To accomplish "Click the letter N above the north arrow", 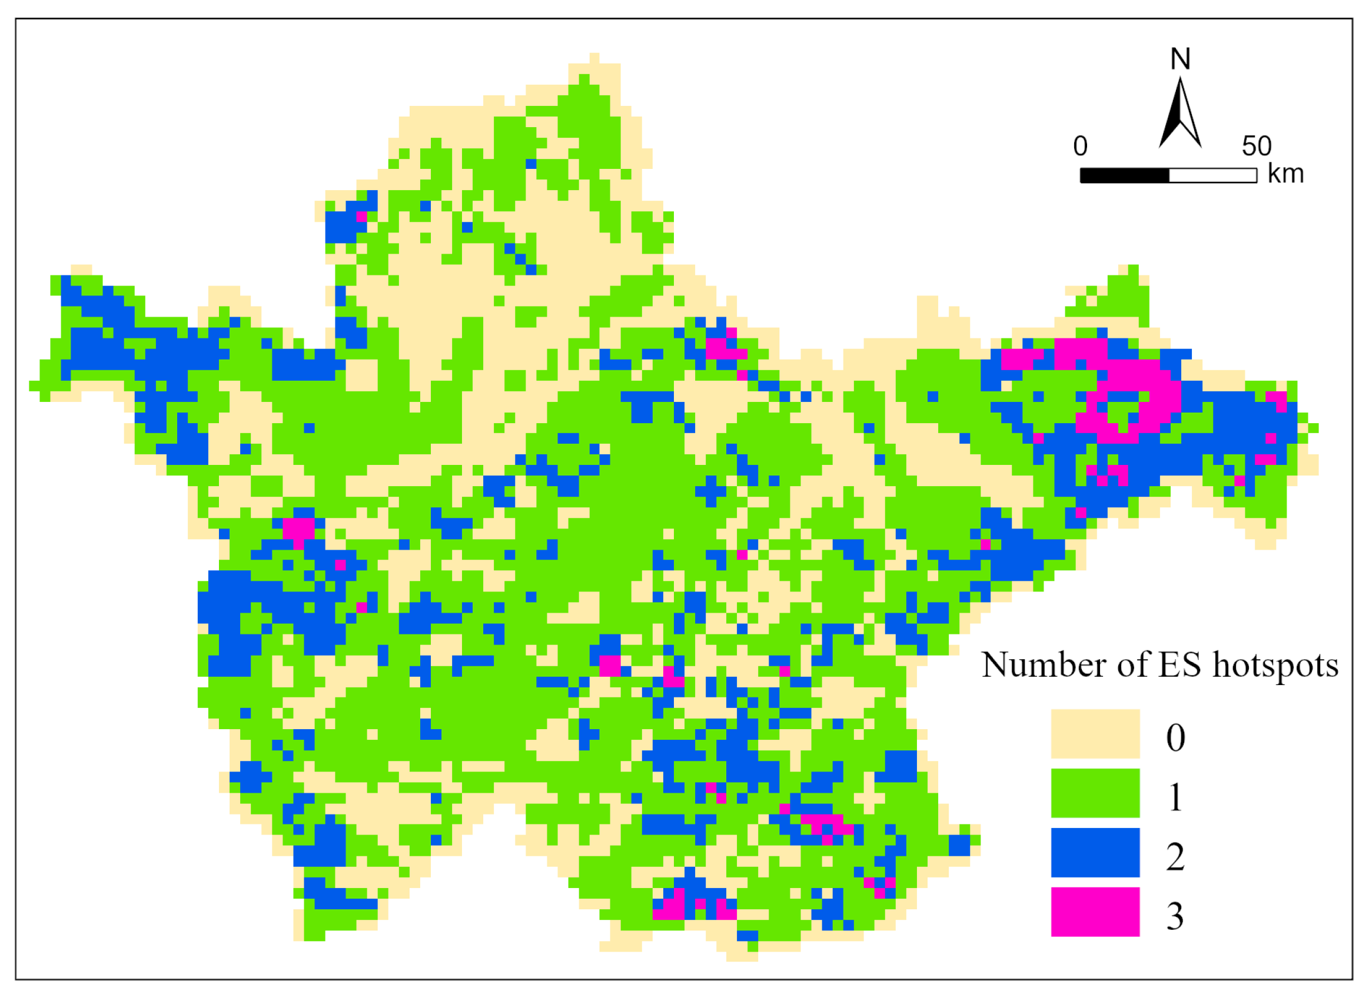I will coord(1180,59).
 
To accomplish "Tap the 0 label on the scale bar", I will coord(1081,146).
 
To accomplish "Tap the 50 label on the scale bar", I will coord(1257,146).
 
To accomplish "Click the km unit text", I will coord(1285,174).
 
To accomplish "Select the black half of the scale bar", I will coord(1125,175).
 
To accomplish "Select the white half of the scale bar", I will coord(1212,175).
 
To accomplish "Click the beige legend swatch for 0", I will coord(1095,733).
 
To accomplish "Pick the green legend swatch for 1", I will coord(1095,792).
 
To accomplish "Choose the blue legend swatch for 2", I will coord(1095,852).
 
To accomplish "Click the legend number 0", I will coord(1175,737).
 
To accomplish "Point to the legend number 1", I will coord(1175,797).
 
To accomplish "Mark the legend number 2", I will coord(1175,856).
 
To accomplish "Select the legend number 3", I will coord(1175,916).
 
